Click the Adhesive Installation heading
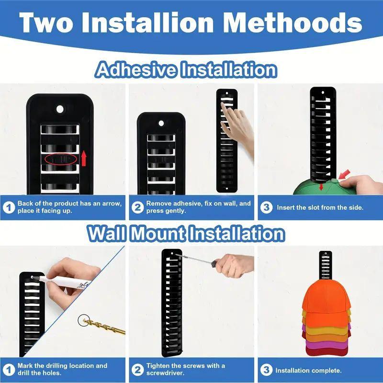pyautogui.click(x=186, y=70)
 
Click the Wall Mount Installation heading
pyautogui.click(x=186, y=234)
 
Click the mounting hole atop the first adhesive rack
pyautogui.click(x=60, y=109)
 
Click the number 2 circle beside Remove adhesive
pyautogui.click(x=138, y=207)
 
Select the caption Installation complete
pyautogui.click(x=308, y=371)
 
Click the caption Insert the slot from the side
pyautogui.click(x=320, y=207)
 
